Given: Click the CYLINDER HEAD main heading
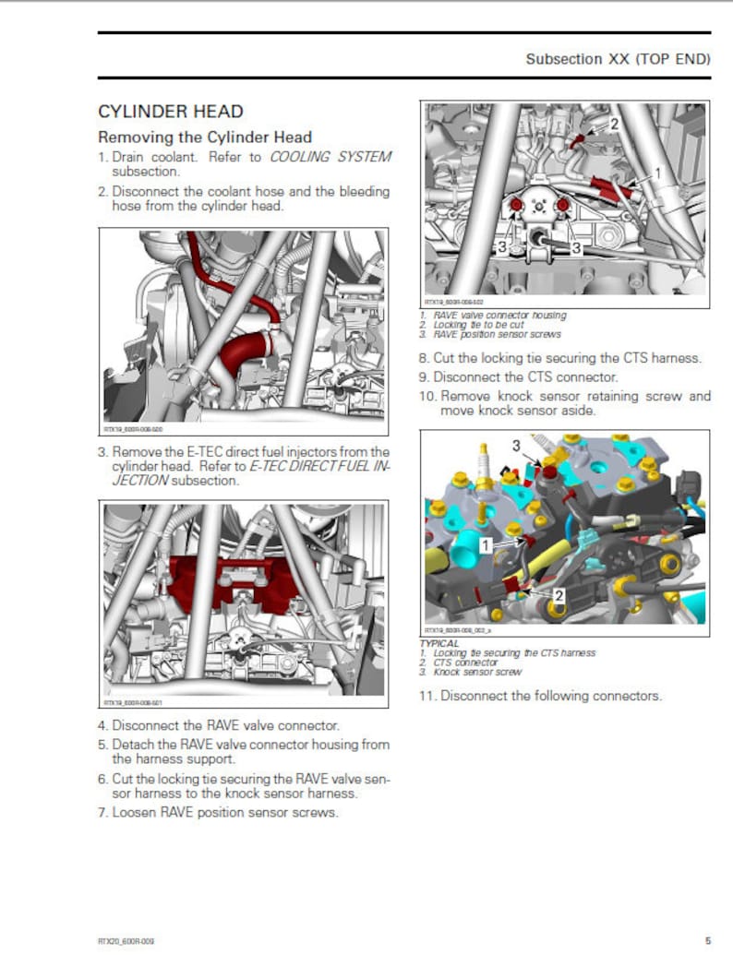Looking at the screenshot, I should pyautogui.click(x=171, y=112).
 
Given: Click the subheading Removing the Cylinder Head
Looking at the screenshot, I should pyautogui.click(x=205, y=137).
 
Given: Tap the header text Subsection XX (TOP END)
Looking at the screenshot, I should pyautogui.click(x=618, y=59).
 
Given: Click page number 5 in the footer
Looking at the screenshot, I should pyautogui.click(x=707, y=940).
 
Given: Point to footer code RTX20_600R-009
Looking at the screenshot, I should pyautogui.click(x=126, y=940).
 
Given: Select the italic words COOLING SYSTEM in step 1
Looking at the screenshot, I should pyautogui.click(x=330, y=157).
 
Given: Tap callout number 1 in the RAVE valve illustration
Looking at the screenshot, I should pyautogui.click(x=657, y=173).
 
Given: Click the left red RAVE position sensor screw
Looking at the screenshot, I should pyautogui.click(x=516, y=203).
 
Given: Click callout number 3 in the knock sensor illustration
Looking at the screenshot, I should pyautogui.click(x=516, y=446).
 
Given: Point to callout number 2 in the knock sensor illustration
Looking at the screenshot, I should pyautogui.click(x=559, y=596).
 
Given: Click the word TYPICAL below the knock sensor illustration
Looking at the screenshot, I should pyautogui.click(x=439, y=642).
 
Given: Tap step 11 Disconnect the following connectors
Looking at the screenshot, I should pyautogui.click(x=540, y=696).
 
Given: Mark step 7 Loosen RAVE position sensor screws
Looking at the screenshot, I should pyautogui.click(x=218, y=813).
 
